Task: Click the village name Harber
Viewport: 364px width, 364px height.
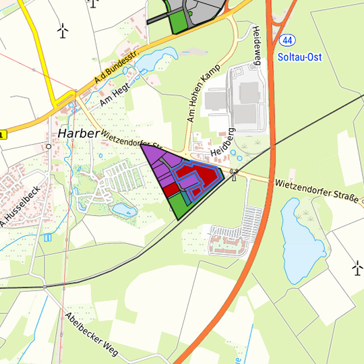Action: point(79,133)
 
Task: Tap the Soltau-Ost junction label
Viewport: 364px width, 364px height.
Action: point(300,57)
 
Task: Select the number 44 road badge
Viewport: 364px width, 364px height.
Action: point(288,40)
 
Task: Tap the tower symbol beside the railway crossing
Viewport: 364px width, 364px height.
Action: point(234,174)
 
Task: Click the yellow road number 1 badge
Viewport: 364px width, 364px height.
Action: point(3,135)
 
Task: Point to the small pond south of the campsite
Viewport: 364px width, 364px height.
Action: point(125,210)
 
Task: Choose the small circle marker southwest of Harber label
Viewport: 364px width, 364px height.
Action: point(48,145)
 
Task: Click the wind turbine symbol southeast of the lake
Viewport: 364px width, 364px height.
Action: point(357,268)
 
